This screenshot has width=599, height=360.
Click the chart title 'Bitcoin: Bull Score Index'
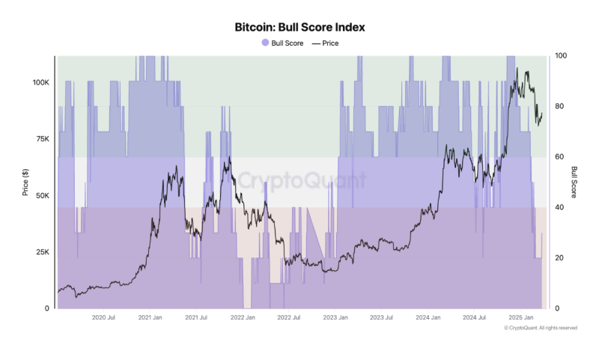pyautogui.click(x=299, y=27)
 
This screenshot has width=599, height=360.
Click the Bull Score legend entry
pyautogui.click(x=283, y=43)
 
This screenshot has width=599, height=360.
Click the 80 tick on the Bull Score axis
pyautogui.click(x=559, y=106)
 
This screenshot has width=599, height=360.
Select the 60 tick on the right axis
pyautogui.click(x=559, y=157)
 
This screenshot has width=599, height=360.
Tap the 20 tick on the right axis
pyautogui.click(x=559, y=258)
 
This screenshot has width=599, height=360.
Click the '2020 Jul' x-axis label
pyautogui.click(x=103, y=317)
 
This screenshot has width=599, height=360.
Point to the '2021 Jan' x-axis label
pyautogui.click(x=150, y=317)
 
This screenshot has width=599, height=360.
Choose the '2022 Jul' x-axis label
pyautogui.click(x=288, y=317)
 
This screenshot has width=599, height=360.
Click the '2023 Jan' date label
pyautogui.click(x=335, y=317)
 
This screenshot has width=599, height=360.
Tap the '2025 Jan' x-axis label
pyautogui.click(x=520, y=317)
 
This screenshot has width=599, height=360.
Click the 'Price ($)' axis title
pyautogui.click(x=25, y=182)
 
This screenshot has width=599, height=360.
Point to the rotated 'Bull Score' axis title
pyautogui.click(x=574, y=182)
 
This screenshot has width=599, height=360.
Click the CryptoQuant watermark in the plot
pyautogui.click(x=302, y=180)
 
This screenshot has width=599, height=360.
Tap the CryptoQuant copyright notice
pyautogui.click(x=540, y=328)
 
